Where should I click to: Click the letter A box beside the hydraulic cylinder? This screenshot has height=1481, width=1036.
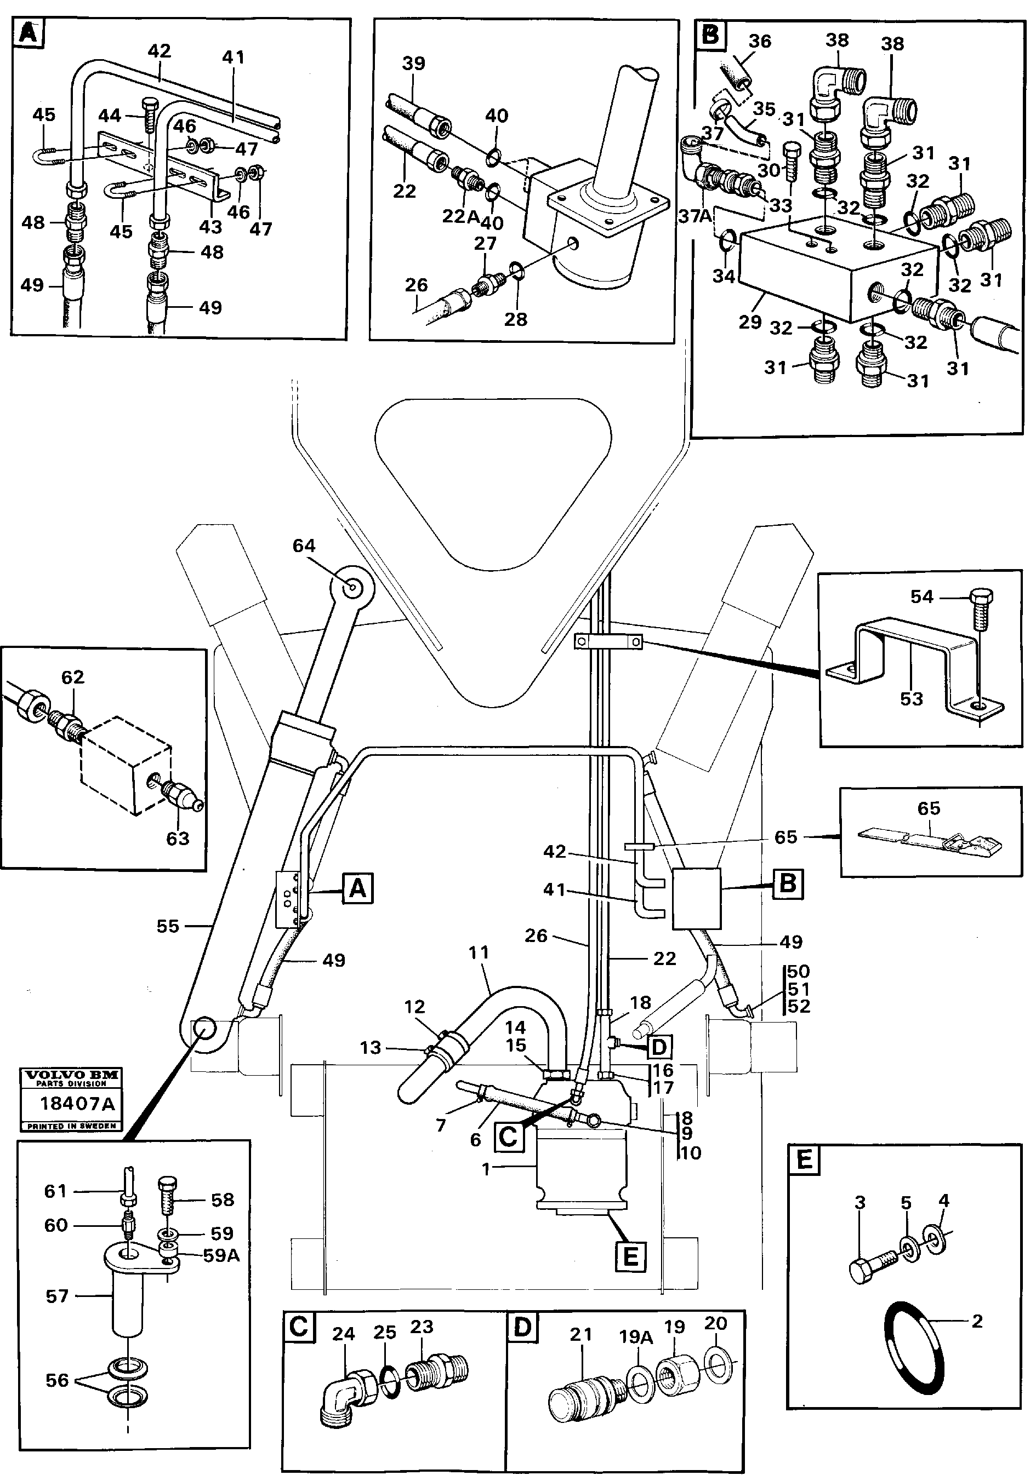[357, 889]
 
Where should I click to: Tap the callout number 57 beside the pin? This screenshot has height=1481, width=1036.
[57, 1296]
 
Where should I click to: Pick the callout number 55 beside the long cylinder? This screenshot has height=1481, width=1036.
[168, 926]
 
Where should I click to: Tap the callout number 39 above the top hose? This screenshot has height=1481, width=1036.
[413, 63]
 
